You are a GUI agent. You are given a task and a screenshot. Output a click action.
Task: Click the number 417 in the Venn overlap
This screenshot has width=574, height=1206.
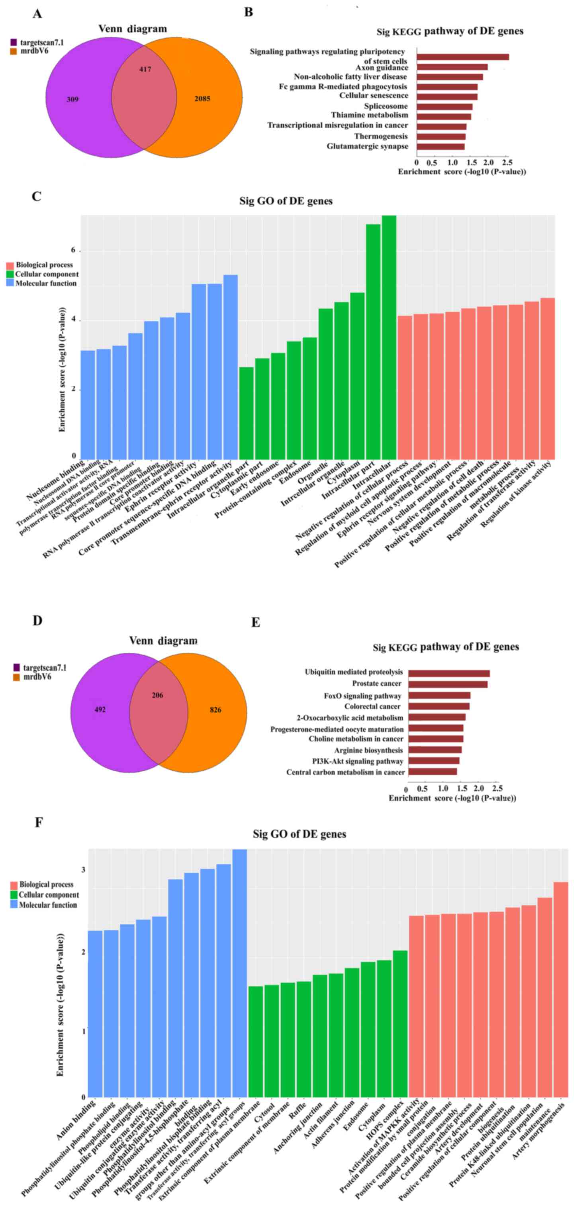[145, 69]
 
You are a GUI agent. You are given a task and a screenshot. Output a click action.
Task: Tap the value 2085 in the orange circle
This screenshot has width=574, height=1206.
[202, 99]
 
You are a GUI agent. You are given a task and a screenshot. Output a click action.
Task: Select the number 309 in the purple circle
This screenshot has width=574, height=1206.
[72, 99]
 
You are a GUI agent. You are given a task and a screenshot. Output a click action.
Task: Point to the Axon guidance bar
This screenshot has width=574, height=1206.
[452, 67]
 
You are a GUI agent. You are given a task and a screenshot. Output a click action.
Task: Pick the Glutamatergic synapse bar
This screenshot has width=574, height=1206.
[440, 147]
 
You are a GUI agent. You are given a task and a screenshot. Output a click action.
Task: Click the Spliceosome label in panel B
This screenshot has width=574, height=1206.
[386, 106]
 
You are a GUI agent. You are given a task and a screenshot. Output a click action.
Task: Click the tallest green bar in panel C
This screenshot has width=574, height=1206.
[389, 337]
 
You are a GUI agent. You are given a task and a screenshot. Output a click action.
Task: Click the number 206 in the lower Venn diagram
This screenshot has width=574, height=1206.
[157, 695]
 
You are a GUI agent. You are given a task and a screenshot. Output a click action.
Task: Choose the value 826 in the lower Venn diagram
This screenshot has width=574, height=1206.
[215, 710]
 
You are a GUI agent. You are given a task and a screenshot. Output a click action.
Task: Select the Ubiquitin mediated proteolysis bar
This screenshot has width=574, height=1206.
[449, 673]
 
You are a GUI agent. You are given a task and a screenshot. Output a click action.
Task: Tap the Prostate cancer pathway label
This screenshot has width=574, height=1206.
[376, 684]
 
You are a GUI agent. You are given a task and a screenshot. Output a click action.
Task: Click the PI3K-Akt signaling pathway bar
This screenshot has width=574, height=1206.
[433, 761]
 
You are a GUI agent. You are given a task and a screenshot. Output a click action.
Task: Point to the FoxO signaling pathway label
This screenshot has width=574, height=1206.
[362, 696]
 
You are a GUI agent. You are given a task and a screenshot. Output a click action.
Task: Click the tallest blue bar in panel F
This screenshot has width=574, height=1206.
[240, 974]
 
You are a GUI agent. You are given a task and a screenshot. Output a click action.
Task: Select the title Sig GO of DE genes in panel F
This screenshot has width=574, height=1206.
[299, 834]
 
